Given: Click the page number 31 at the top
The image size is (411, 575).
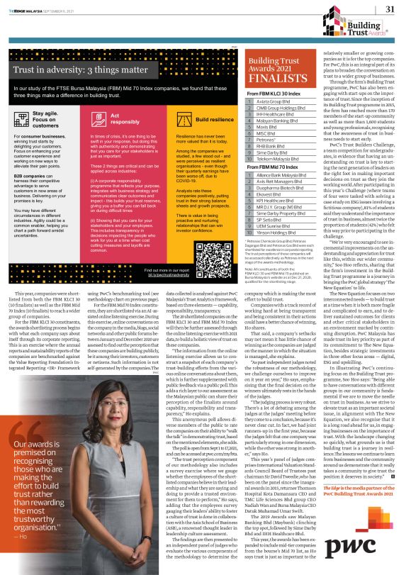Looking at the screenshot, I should click(389, 9).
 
